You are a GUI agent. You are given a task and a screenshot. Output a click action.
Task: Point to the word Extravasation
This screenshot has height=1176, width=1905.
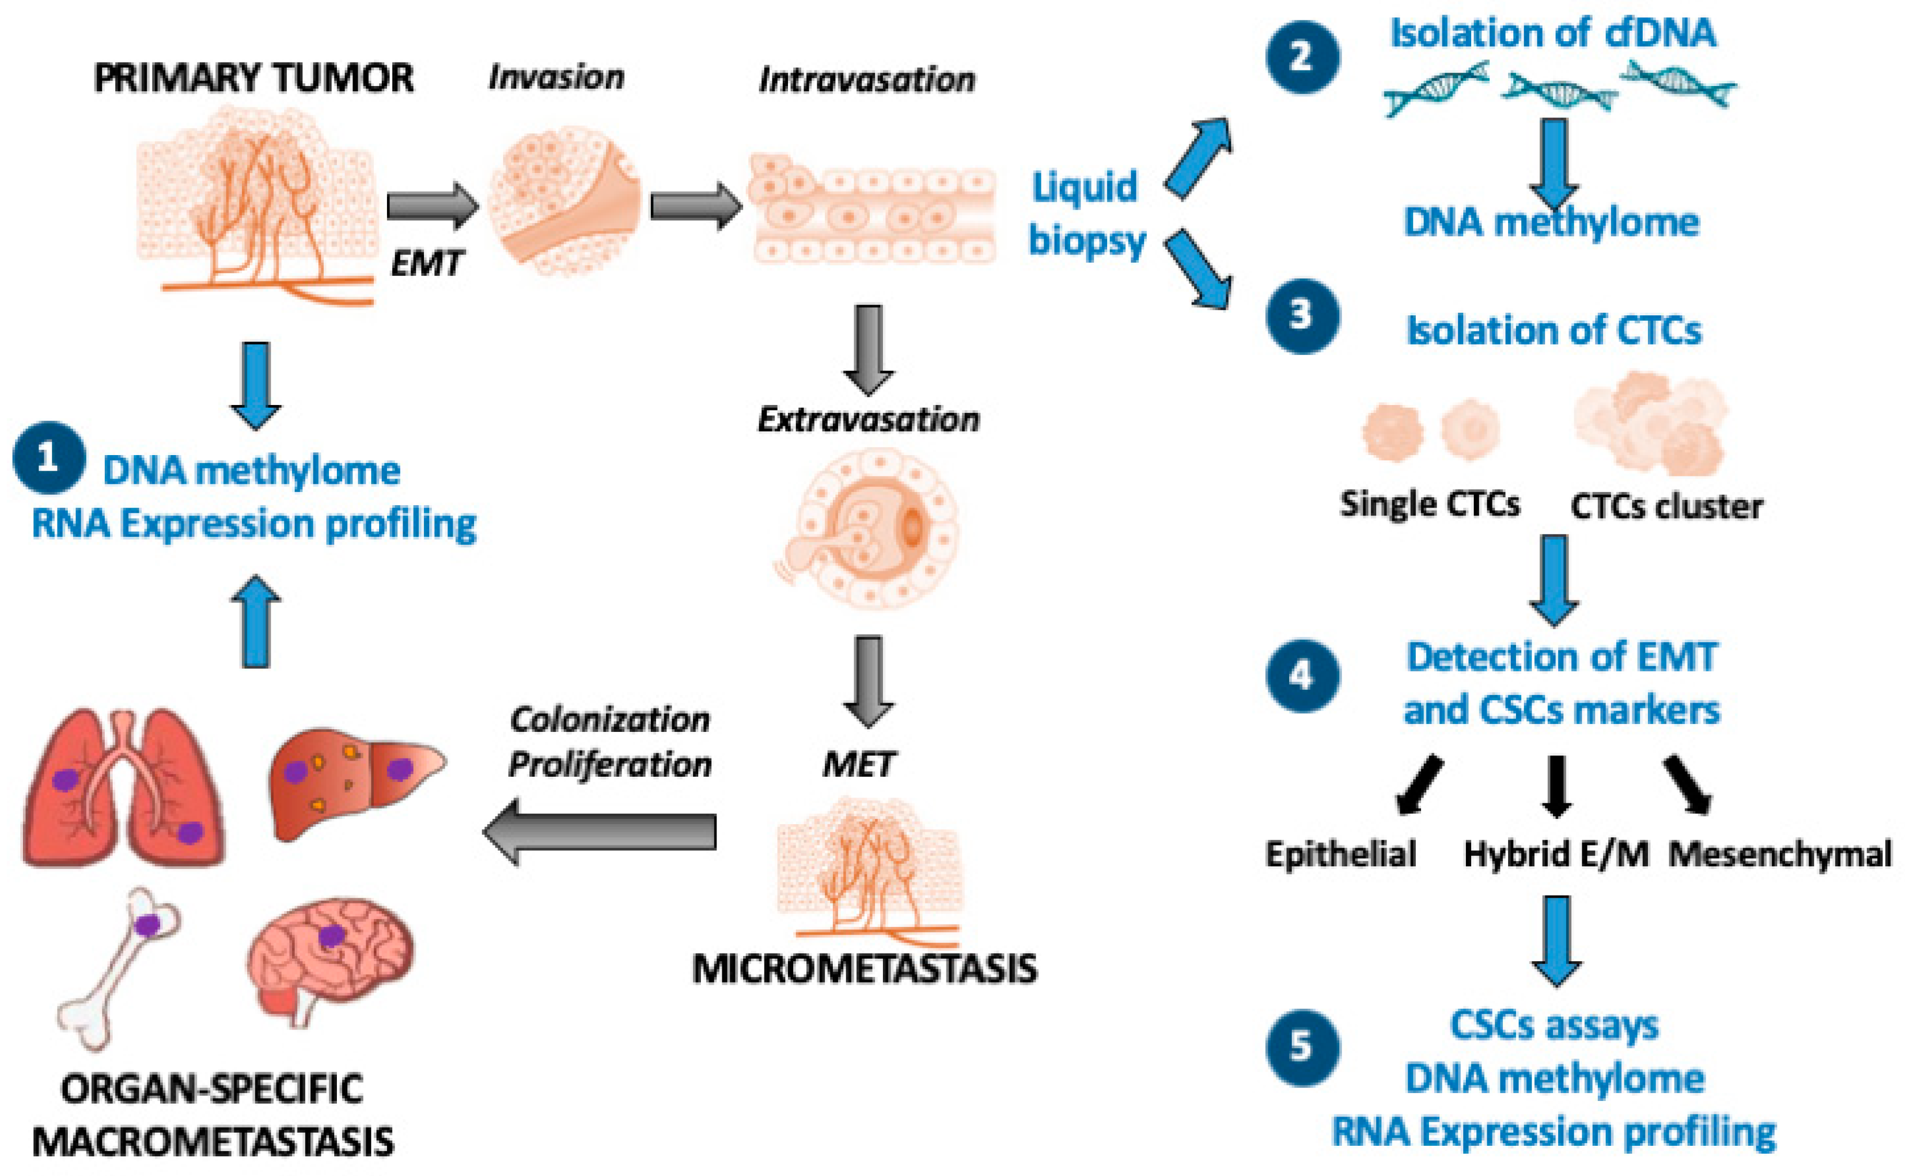[x=868, y=420]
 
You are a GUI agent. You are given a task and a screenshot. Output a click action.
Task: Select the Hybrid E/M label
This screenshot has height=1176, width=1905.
[x=1556, y=854]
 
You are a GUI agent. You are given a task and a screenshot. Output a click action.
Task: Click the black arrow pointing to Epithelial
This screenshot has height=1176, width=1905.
[x=1419, y=786]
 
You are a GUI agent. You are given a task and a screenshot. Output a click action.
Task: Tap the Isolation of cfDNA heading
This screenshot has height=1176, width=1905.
[x=1552, y=33]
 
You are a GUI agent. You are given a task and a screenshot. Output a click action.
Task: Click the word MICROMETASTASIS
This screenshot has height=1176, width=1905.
[x=864, y=969]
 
